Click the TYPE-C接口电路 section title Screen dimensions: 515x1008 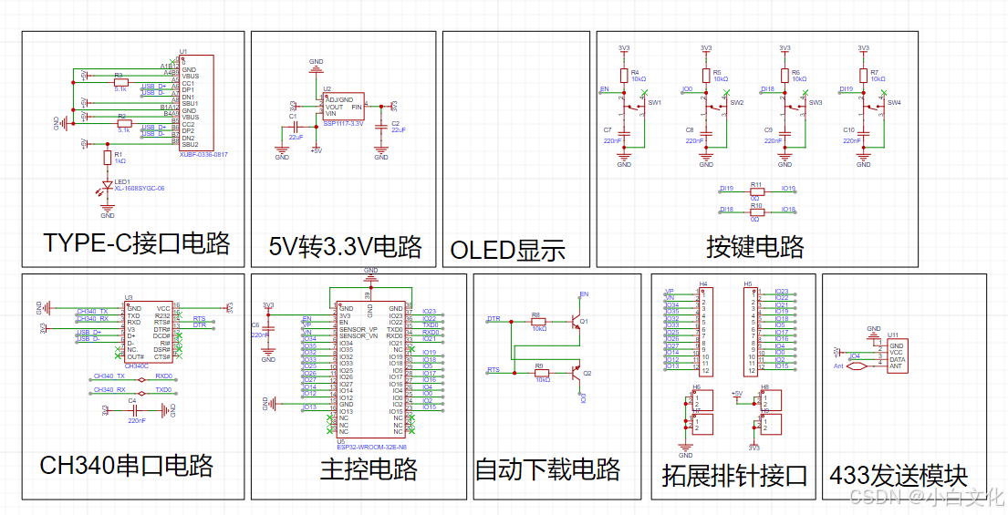point(136,243)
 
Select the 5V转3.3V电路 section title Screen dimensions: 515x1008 point(345,246)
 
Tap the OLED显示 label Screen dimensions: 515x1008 point(508,250)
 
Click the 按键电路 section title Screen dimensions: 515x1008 point(755,246)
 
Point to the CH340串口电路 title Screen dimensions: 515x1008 point(126,466)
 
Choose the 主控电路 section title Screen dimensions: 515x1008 point(369,469)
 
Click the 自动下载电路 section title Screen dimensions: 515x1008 point(547,469)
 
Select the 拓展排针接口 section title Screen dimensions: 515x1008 point(734,475)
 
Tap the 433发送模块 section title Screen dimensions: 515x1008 point(898,475)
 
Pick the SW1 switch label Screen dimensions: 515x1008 point(654,103)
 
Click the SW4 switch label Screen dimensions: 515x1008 point(894,103)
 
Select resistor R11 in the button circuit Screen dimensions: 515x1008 point(755,191)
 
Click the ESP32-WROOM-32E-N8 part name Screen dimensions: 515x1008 point(371,446)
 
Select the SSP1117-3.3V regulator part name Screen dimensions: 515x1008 point(343,123)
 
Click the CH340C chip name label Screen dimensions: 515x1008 point(136,366)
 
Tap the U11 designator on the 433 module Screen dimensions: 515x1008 point(893,335)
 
